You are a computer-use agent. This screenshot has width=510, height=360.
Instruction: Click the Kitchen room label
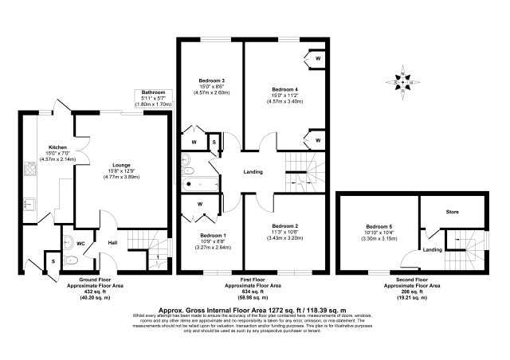[57, 147]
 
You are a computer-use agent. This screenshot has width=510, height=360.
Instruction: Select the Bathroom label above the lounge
[153, 92]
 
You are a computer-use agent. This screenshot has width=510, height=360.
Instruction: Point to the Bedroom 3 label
[212, 80]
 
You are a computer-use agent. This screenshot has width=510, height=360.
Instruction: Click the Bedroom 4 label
[284, 89]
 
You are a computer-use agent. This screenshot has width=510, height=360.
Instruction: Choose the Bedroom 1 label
[212, 237]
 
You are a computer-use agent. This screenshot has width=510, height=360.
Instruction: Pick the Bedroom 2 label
[284, 226]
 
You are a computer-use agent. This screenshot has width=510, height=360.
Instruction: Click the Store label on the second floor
[452, 213]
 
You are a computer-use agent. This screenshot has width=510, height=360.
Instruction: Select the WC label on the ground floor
[80, 244]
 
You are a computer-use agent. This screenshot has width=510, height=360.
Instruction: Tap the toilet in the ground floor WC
[69, 259]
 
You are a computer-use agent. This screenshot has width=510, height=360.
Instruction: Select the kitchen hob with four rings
[31, 170]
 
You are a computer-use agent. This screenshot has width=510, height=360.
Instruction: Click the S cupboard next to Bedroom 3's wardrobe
[213, 143]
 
